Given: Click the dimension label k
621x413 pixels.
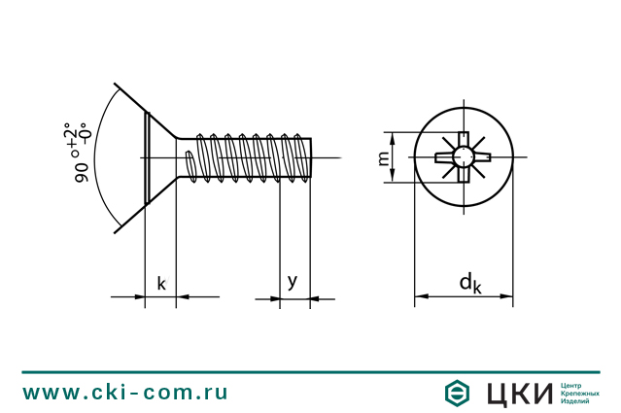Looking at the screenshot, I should [x=161, y=284].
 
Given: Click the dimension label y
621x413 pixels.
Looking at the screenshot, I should [x=292, y=281].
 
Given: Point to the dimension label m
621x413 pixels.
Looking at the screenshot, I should [x=383, y=157].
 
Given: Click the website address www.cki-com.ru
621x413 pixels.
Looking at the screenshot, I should [x=125, y=393].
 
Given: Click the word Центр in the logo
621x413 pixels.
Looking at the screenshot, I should [x=573, y=384].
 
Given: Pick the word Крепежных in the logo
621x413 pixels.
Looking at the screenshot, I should [x=581, y=393].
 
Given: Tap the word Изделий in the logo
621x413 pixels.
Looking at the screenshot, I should [x=576, y=401].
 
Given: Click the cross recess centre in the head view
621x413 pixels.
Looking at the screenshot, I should [x=464, y=157].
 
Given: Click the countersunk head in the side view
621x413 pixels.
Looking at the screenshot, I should [x=159, y=158].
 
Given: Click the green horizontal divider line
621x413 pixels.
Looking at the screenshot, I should [x=310, y=372].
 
